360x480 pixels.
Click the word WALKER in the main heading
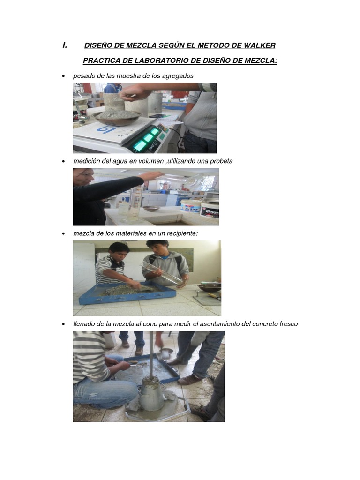259,45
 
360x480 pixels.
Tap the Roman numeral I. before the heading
65,45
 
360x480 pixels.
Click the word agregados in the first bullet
178,76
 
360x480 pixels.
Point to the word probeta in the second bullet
221,161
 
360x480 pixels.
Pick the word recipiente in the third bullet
182,233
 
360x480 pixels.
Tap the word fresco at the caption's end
288,324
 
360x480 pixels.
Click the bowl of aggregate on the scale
117,117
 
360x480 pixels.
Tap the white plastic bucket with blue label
190,206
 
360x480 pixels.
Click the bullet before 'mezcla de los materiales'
64,233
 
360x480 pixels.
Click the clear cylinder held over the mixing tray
161,272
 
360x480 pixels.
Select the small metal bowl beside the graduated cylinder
151,209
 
